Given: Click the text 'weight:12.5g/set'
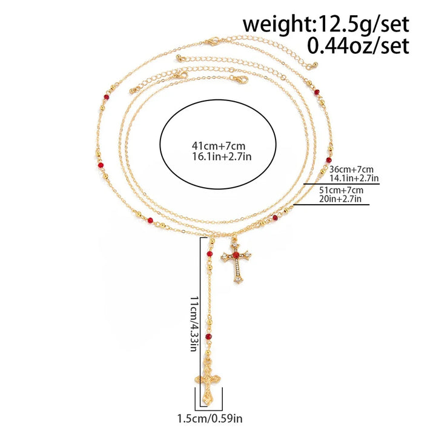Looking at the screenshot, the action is [326, 24].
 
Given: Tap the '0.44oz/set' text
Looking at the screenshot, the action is [358, 46].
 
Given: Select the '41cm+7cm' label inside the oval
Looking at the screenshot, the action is [219, 146].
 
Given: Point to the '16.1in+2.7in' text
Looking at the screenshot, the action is [222, 157].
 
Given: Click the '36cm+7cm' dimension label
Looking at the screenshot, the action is [351, 169].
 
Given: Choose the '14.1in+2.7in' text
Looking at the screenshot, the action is [354, 177].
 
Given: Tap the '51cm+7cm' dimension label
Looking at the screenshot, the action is [341, 190].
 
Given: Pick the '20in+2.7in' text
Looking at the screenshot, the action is [340, 199].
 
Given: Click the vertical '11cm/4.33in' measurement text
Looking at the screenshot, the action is [194, 323].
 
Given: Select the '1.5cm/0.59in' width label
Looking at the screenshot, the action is [210, 418].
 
